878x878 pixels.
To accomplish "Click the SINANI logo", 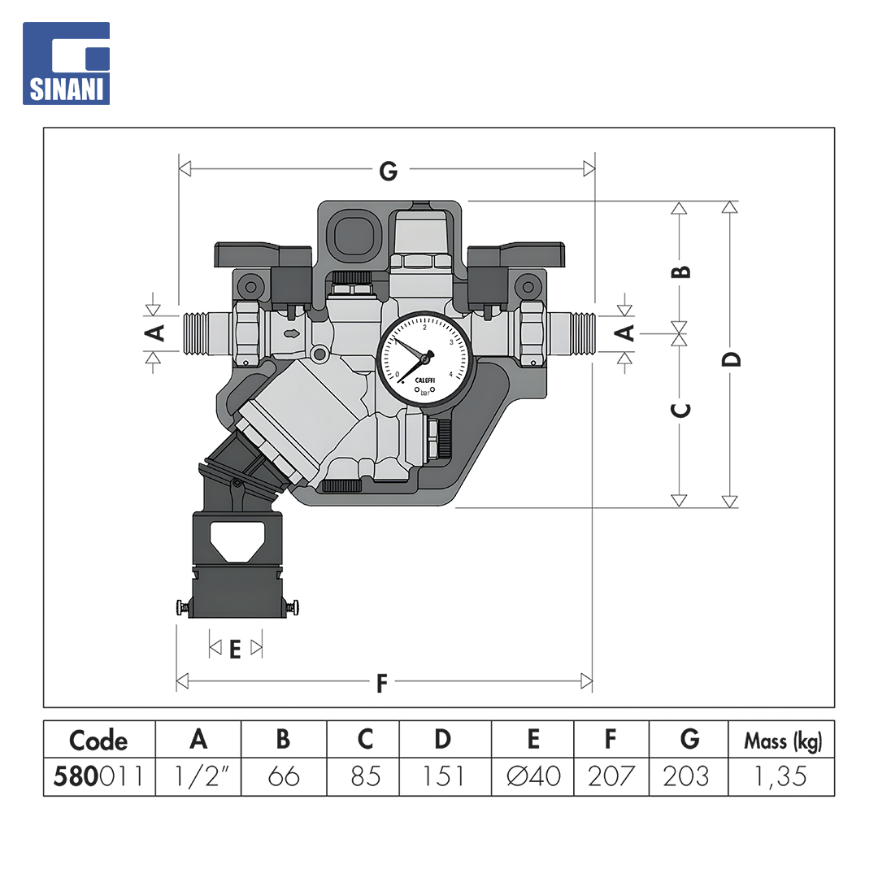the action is coord(66,63).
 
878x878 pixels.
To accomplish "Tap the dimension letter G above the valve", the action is coord(388,171).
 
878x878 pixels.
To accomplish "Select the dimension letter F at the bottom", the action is coord(382,684).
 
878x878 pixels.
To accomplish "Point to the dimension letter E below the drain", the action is coord(235,650).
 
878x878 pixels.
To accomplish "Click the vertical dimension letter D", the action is coord(731,359).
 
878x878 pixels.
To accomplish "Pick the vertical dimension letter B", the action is coord(681,272).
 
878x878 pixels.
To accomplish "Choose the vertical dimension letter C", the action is coord(681,411).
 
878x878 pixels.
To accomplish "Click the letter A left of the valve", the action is coord(154,333).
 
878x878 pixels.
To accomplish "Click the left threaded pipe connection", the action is coord(207,334).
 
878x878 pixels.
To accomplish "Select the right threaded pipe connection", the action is coord(572,334).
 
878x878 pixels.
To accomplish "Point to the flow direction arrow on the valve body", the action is coord(292,334).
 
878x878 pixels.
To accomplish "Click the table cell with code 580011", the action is coord(99,776).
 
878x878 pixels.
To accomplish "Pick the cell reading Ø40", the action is coord(532,776).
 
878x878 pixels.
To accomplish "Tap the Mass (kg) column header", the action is coord(782,741).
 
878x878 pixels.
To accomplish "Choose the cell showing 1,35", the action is coord(782,776).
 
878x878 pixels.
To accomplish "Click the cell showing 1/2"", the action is coord(198,776).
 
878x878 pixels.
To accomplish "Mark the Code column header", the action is coord(99,741).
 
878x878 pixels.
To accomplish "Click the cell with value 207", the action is coord(611,776).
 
